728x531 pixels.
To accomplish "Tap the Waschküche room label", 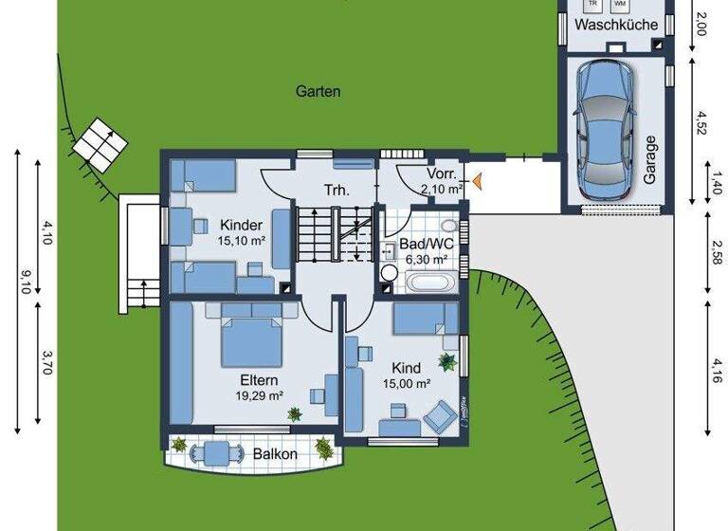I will click(x=617, y=25).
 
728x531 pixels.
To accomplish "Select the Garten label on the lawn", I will click(x=318, y=92).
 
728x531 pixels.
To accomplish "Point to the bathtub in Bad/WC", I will click(x=432, y=282).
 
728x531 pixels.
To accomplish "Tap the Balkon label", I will click(x=275, y=454).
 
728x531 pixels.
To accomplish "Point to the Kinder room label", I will click(x=241, y=226).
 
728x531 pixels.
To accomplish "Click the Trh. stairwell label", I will click(x=336, y=190).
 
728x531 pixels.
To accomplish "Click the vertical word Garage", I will click(x=650, y=159).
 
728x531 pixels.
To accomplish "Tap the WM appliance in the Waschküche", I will click(x=619, y=4).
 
